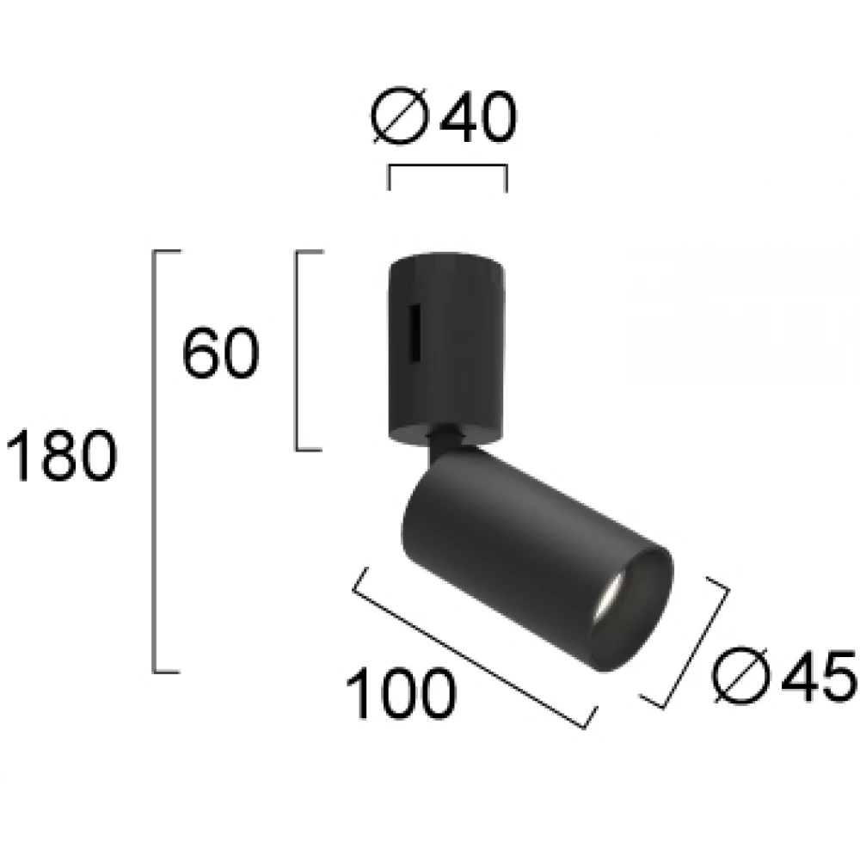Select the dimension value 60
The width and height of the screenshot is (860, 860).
click(220, 352)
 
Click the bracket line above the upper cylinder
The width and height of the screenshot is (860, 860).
click(447, 167)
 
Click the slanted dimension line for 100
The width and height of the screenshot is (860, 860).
click(473, 647)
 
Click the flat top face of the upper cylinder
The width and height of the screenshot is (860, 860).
click(444, 259)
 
